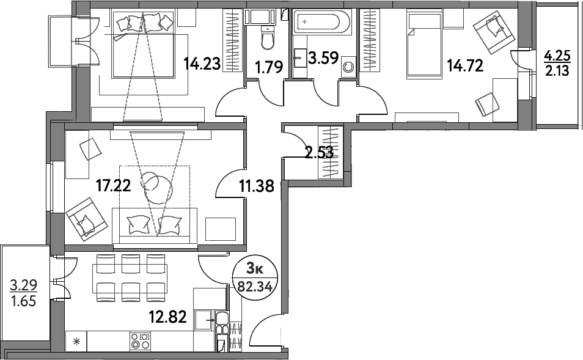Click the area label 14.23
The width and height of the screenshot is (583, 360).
[202, 65]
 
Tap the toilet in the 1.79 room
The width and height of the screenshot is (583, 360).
[267, 40]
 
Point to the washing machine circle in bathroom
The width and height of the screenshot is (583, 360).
[349, 67]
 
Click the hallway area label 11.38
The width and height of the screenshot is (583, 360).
[255, 185]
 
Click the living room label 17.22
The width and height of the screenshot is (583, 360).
[114, 185]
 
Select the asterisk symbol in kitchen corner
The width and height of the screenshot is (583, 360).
[77, 341]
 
